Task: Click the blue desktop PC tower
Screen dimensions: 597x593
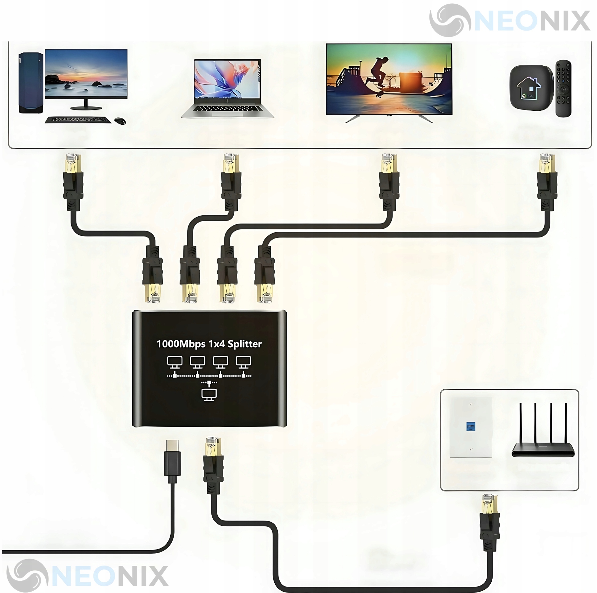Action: (x=31, y=83)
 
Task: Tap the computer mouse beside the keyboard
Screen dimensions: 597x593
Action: (x=120, y=121)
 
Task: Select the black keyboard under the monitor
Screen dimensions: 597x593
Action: (x=78, y=120)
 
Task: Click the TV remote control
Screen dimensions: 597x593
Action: (x=563, y=88)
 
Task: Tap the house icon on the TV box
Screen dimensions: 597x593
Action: (x=529, y=87)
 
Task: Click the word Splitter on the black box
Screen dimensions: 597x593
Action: (x=244, y=344)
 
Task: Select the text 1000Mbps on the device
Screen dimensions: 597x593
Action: (x=181, y=344)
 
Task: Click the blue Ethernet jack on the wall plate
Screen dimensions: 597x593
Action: (x=470, y=427)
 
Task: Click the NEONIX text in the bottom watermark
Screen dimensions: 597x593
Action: (x=109, y=576)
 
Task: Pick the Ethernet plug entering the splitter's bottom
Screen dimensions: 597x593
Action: (x=213, y=464)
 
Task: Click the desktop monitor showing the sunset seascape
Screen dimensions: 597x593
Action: (x=86, y=74)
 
